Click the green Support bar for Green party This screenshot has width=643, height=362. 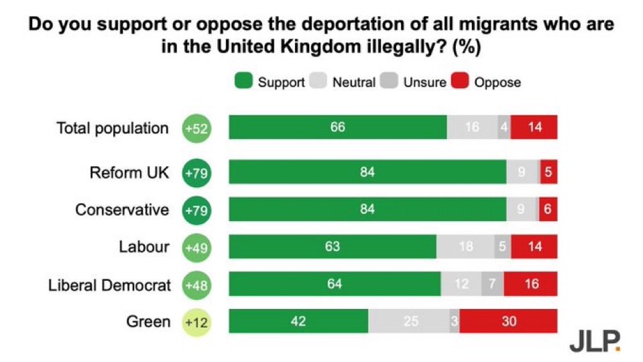[x=298, y=321]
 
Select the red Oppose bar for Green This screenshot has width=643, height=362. [x=508, y=321]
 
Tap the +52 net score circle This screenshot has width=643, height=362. [x=196, y=128]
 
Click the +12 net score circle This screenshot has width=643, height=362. [x=196, y=322]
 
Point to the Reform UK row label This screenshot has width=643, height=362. [x=129, y=172]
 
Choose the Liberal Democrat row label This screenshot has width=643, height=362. [x=109, y=284]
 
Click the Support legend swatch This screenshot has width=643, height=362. [x=244, y=82]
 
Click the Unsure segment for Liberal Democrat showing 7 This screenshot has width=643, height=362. [x=491, y=284]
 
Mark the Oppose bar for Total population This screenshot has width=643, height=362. [x=534, y=127]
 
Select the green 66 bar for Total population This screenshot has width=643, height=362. [x=337, y=127]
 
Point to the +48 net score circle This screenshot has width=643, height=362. [x=196, y=285]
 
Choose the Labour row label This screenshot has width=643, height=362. [x=144, y=247]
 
